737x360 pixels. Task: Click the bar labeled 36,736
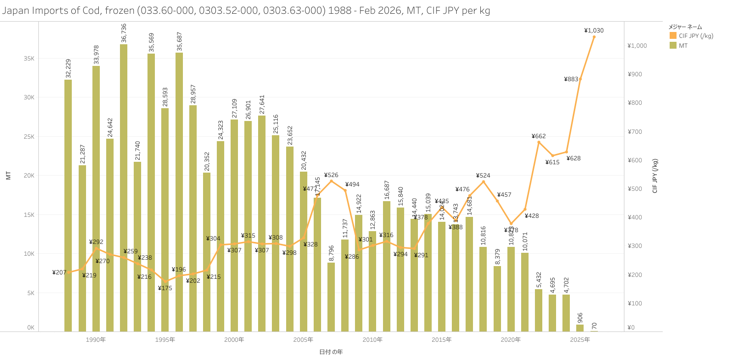123,187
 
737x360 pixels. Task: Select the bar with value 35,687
179,192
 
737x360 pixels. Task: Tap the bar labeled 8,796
331,297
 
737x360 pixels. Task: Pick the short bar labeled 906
580,328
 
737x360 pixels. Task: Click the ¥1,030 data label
594,30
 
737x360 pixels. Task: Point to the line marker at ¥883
580,79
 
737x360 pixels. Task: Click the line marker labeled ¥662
539,142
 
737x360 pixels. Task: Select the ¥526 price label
331,175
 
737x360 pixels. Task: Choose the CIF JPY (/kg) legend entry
691,35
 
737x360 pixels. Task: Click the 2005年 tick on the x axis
303,340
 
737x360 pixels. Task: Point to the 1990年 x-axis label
95,340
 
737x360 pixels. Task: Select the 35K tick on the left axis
29,59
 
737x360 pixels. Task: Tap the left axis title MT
8,176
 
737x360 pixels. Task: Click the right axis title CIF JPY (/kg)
654,176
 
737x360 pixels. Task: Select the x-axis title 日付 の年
331,352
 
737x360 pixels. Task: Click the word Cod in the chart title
73,11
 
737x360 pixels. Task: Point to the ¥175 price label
165,288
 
